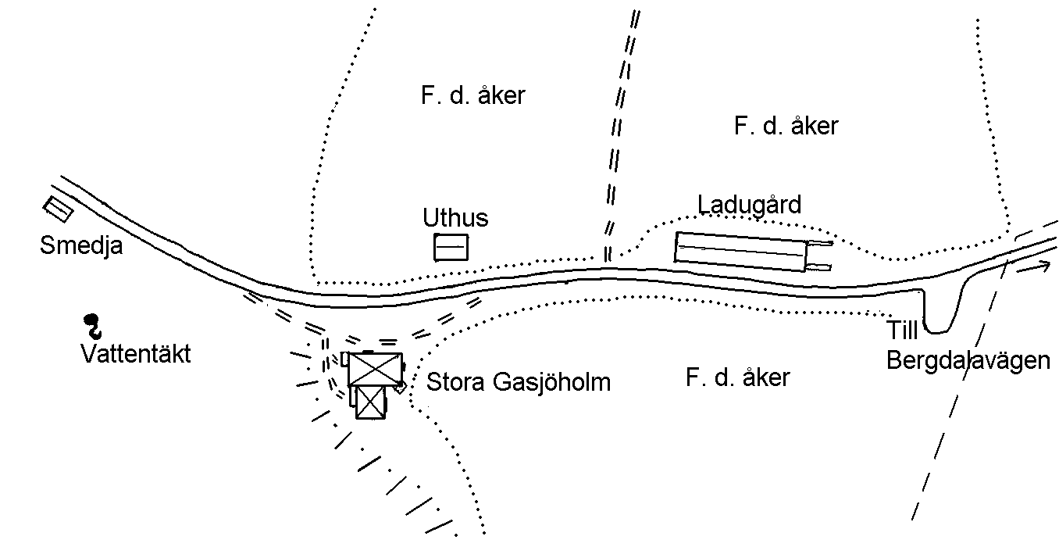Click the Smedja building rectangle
[x=58, y=209]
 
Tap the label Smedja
[x=81, y=246]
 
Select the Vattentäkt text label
[x=136, y=354]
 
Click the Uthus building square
[x=451, y=247]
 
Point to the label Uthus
[x=455, y=217]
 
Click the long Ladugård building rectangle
[x=740, y=251]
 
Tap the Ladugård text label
[x=750, y=205]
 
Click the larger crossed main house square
[x=376, y=369]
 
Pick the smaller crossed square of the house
[x=371, y=402]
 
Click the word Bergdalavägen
[x=968, y=362]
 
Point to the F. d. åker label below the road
[x=738, y=378]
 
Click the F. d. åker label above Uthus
[x=473, y=96]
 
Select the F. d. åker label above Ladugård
[x=786, y=126]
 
